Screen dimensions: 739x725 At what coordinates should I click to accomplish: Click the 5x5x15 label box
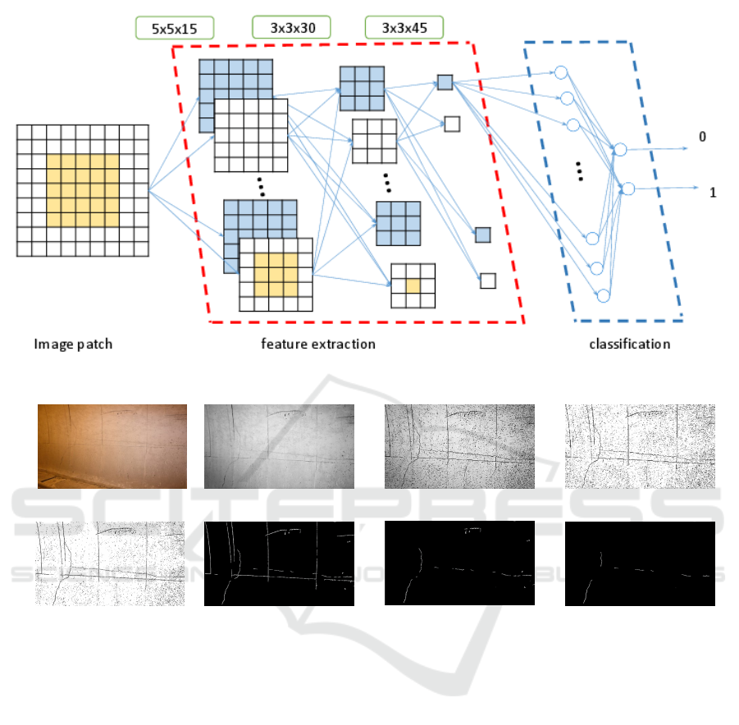(x=174, y=29)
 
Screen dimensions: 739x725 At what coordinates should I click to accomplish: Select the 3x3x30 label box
(x=291, y=28)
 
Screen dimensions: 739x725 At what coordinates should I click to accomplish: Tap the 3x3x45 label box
(x=404, y=28)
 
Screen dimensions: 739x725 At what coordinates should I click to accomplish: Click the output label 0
(x=702, y=137)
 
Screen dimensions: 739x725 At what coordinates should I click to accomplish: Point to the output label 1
(x=713, y=193)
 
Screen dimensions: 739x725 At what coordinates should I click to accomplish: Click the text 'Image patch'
(x=73, y=344)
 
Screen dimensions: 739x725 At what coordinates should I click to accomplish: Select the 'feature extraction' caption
(x=318, y=344)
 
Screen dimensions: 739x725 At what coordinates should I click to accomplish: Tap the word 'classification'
(x=629, y=344)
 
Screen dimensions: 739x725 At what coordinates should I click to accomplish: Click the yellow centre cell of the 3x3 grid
(x=413, y=285)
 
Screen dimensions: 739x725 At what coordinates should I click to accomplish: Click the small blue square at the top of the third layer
(x=445, y=82)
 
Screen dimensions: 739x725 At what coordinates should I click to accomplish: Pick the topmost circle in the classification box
(x=561, y=72)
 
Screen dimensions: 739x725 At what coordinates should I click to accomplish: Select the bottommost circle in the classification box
(x=604, y=295)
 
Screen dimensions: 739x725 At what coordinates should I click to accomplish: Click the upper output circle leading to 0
(x=620, y=149)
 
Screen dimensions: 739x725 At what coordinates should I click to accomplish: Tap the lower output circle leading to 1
(x=628, y=189)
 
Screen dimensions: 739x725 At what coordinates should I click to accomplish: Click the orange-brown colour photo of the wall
(x=112, y=446)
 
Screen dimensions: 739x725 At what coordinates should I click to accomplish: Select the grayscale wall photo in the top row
(x=279, y=446)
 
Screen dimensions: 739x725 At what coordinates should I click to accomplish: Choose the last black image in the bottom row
(x=640, y=564)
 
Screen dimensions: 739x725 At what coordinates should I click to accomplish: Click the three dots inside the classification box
(x=579, y=171)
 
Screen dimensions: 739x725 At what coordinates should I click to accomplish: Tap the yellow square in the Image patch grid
(x=83, y=190)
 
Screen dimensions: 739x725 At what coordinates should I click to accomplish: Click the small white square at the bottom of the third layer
(x=488, y=280)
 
